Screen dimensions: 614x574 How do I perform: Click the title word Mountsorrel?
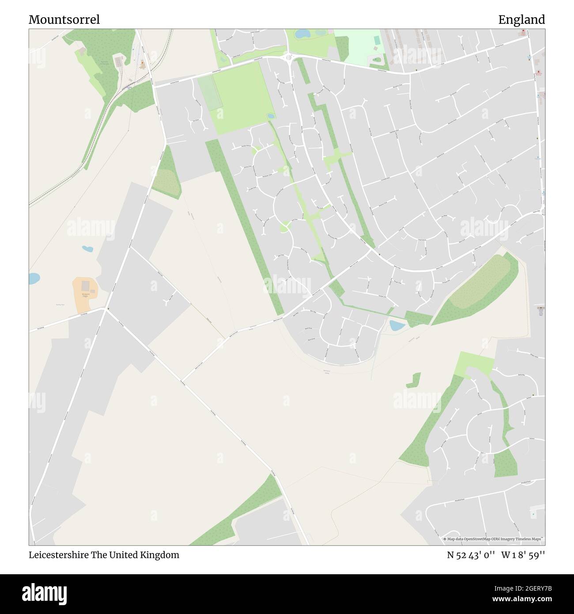coord(64,20)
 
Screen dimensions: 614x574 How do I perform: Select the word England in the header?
coord(521,20)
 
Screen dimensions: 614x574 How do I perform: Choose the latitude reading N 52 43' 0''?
coord(471,555)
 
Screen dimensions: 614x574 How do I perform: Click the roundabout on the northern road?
coord(288,57)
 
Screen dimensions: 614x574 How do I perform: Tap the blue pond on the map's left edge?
coord(33,279)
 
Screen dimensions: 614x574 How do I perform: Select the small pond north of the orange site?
coord(87,249)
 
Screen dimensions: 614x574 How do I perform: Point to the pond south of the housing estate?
coord(397,326)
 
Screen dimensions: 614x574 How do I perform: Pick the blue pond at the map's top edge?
coord(302,33)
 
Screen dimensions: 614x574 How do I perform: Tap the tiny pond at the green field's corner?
coord(270,116)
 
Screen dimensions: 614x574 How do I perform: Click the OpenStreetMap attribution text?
coord(493,539)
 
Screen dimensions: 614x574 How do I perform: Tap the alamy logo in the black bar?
coord(45,594)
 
